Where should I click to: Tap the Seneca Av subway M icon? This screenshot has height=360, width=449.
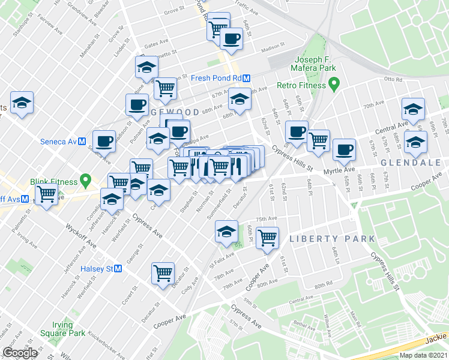(x=83, y=142)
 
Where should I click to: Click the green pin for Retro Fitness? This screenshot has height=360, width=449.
(x=336, y=85)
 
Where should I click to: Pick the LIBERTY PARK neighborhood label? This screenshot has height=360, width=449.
(x=332, y=239)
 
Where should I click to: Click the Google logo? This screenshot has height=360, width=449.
(x=20, y=353)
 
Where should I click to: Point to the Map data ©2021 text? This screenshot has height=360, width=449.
(x=423, y=355)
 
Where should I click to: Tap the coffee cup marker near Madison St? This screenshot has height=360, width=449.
(x=231, y=39)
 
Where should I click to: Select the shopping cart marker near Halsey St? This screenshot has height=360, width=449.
(x=163, y=274)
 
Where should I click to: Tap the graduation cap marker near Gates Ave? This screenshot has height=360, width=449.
(x=146, y=68)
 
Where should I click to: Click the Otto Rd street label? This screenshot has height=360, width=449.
(x=393, y=79)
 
